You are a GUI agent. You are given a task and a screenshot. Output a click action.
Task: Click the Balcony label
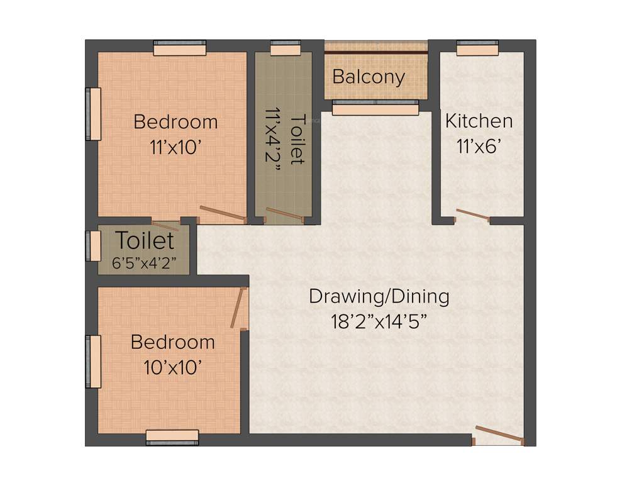[x=369, y=77]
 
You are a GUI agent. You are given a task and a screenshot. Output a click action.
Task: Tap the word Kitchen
[x=479, y=121]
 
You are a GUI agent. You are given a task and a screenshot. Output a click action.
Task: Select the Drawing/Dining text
[x=379, y=296]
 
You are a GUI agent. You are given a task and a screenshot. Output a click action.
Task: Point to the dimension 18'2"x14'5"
[x=379, y=321]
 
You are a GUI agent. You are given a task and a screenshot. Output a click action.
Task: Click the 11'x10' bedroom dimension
[x=175, y=147]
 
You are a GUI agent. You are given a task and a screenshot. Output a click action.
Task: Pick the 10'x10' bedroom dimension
[x=172, y=367]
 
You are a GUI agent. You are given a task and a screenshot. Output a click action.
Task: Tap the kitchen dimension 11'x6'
[x=479, y=147]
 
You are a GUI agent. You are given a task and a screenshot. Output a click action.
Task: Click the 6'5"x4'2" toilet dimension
[x=144, y=263]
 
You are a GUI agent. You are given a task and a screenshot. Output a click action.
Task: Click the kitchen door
[x=473, y=215]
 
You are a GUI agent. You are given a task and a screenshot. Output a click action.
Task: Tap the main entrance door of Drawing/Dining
[x=499, y=435]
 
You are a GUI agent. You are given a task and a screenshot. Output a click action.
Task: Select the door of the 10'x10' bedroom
[x=238, y=308]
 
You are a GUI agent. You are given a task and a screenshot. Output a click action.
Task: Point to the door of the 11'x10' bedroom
[x=223, y=214]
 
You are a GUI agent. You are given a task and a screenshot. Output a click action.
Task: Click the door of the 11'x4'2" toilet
[x=285, y=214]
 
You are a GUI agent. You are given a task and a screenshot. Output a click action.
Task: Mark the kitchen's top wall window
[x=477, y=47]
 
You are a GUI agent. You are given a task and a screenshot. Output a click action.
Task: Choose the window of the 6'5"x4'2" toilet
[x=93, y=246]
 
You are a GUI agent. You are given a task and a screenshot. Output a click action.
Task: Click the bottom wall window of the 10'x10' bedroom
[x=172, y=437]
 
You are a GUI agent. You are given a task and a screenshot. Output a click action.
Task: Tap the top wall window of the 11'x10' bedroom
[x=180, y=48]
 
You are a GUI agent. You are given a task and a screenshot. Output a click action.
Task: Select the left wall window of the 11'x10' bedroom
[x=93, y=114]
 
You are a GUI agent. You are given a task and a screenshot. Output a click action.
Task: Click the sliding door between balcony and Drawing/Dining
[x=375, y=108]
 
